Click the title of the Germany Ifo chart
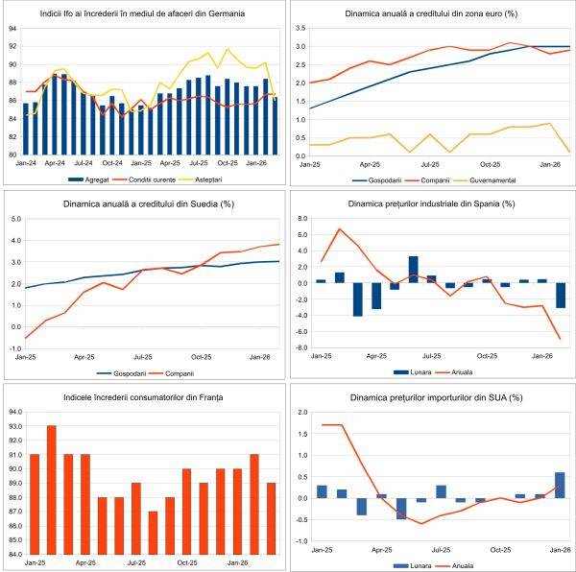coord(141,15)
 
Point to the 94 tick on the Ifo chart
coord(12,29)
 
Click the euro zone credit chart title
coord(433,15)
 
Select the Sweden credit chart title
coord(142,203)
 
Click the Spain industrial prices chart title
coord(433,203)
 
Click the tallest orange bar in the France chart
coord(53,489)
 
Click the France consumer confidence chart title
coord(141,396)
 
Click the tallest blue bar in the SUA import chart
coord(560,485)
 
